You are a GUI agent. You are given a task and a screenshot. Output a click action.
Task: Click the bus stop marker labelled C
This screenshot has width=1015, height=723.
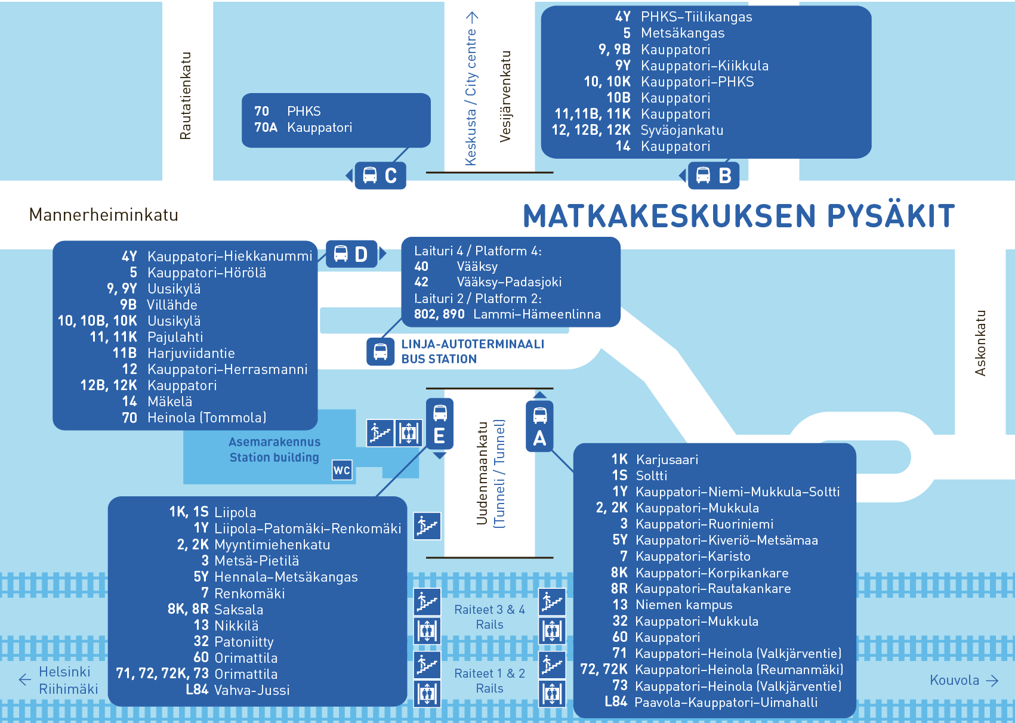point(380,175)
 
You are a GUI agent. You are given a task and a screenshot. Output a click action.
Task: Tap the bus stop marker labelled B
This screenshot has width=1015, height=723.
point(714,175)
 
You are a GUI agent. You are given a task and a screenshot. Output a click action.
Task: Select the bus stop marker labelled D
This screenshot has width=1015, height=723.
point(352,254)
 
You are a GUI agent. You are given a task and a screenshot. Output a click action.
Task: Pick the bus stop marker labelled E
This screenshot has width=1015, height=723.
point(440,424)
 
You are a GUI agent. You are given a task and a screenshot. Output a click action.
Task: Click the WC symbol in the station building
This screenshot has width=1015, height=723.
point(342,470)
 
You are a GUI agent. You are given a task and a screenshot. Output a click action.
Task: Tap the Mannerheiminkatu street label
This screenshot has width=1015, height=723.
point(104,215)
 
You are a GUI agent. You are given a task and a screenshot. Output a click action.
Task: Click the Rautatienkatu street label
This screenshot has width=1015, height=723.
point(186,96)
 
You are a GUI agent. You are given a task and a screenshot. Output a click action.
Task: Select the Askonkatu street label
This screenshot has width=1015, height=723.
point(980,343)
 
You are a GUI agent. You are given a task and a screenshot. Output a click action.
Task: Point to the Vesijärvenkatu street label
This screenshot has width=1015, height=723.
point(505,97)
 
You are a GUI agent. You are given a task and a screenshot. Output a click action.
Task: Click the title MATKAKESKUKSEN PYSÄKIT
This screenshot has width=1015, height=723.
point(739,216)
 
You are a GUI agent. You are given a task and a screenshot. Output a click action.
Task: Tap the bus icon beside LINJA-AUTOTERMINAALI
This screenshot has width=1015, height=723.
point(380,351)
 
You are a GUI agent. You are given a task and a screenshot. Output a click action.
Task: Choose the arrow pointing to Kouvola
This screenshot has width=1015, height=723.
point(992,681)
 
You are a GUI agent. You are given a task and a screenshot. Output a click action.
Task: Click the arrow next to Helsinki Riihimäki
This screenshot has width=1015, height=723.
point(25,679)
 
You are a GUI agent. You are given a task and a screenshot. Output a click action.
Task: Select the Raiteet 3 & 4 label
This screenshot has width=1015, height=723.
point(489,610)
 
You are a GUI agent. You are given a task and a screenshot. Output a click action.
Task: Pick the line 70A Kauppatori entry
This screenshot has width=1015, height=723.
point(303,128)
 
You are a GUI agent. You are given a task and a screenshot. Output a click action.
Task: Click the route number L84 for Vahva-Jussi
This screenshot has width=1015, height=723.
point(197,690)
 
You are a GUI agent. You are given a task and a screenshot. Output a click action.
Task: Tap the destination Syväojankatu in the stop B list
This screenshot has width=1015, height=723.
point(681,130)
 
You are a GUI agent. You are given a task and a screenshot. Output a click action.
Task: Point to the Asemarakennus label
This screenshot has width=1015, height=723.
point(274,442)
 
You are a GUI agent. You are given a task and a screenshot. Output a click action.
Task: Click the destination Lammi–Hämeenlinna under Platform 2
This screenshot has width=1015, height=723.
point(537,314)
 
